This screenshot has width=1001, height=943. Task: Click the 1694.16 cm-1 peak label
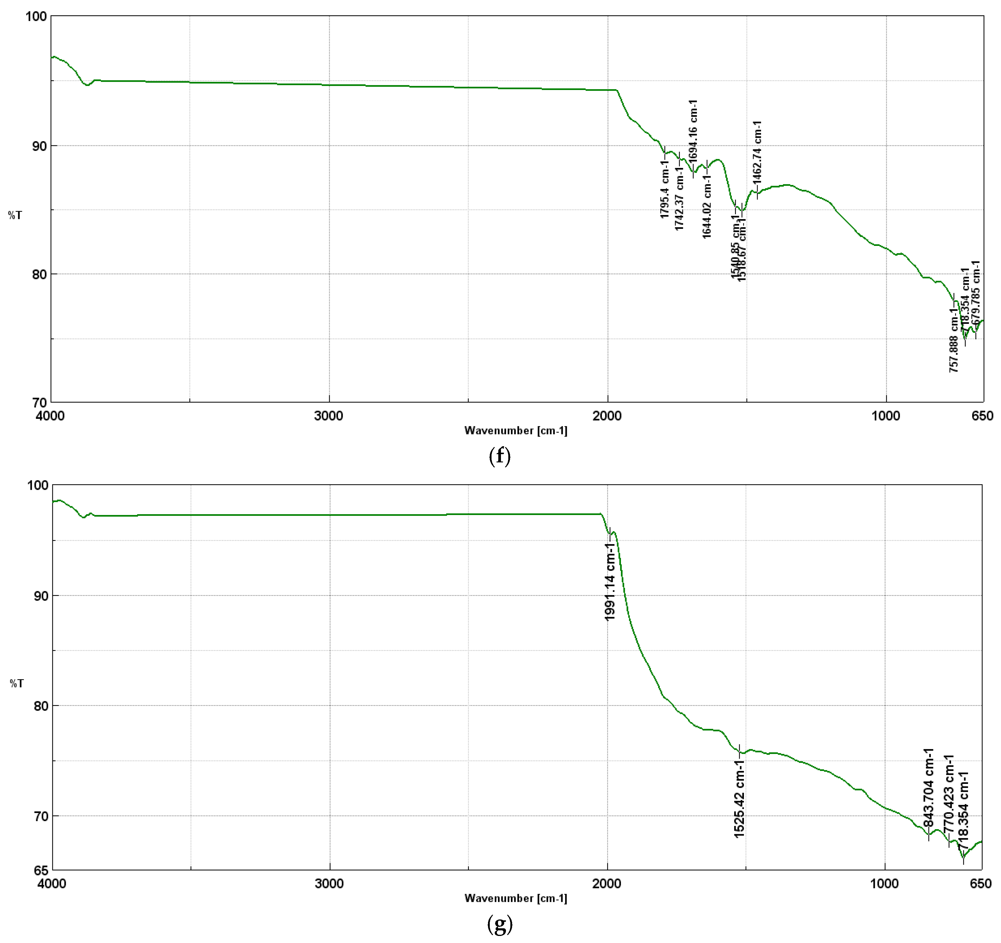coord(693,131)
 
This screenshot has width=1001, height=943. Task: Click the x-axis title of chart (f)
coord(516,430)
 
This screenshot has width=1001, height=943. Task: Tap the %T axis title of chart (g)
coord(16,684)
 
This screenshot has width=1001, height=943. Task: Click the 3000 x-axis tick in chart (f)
coord(329,416)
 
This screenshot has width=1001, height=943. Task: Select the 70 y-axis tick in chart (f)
coord(39,402)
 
